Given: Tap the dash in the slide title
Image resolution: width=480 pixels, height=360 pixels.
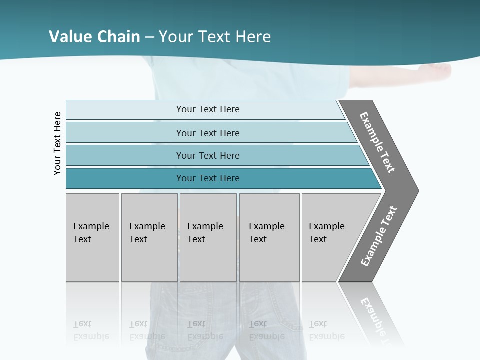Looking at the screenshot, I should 149,37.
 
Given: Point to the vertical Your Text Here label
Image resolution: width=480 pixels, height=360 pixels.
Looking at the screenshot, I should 57,143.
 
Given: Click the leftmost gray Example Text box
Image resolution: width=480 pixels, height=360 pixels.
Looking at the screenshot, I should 92,237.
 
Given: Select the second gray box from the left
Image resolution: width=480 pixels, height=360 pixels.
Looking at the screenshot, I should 149,237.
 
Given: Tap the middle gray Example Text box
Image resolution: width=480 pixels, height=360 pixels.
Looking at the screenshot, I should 208,237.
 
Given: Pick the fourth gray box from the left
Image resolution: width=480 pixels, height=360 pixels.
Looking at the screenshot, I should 269,237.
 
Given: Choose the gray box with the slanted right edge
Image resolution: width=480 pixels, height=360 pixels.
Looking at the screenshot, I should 332,237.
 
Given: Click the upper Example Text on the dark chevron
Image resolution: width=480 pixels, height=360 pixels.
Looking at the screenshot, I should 377,142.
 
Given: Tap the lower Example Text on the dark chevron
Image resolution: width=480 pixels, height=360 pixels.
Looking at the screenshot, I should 379,236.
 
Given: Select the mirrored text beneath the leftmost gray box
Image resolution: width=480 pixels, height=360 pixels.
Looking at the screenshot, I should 91,330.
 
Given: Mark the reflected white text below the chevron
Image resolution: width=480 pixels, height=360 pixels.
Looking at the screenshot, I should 377,317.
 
